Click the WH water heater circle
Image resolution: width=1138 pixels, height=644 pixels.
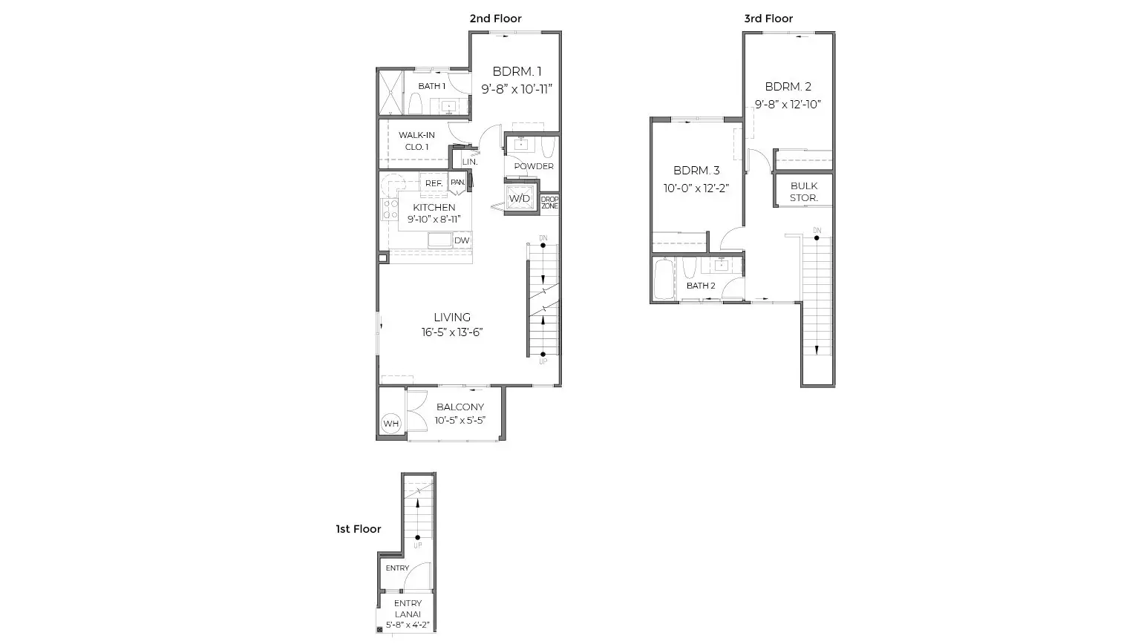[x=390, y=423]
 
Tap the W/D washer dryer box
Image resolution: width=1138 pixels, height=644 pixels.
[x=520, y=198]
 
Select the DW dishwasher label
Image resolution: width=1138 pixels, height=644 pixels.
[x=462, y=240]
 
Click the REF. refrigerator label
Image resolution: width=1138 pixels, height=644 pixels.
[x=434, y=183]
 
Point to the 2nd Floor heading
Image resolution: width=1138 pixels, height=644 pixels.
[x=495, y=19]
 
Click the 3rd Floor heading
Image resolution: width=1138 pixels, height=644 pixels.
[x=768, y=19]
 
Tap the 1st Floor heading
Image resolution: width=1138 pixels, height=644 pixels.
[x=358, y=529]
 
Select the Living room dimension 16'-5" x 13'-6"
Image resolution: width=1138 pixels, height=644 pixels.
[x=451, y=332]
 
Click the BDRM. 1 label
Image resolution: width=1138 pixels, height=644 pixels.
[x=517, y=72]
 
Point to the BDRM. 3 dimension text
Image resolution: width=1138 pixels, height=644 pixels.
[x=696, y=188]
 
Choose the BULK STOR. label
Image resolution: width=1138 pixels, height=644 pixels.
[x=804, y=192]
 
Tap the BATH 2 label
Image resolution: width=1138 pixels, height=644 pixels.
[x=701, y=286]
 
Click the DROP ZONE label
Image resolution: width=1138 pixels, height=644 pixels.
[x=549, y=203]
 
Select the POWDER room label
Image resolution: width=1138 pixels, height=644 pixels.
[x=534, y=167]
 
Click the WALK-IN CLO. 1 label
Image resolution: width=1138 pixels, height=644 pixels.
[x=416, y=141]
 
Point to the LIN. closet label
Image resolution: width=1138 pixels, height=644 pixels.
[x=470, y=162]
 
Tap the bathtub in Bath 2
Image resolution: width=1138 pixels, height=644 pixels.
[x=664, y=279]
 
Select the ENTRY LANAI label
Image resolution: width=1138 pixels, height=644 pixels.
[x=408, y=608]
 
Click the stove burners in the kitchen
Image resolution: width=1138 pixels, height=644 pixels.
[x=390, y=209]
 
